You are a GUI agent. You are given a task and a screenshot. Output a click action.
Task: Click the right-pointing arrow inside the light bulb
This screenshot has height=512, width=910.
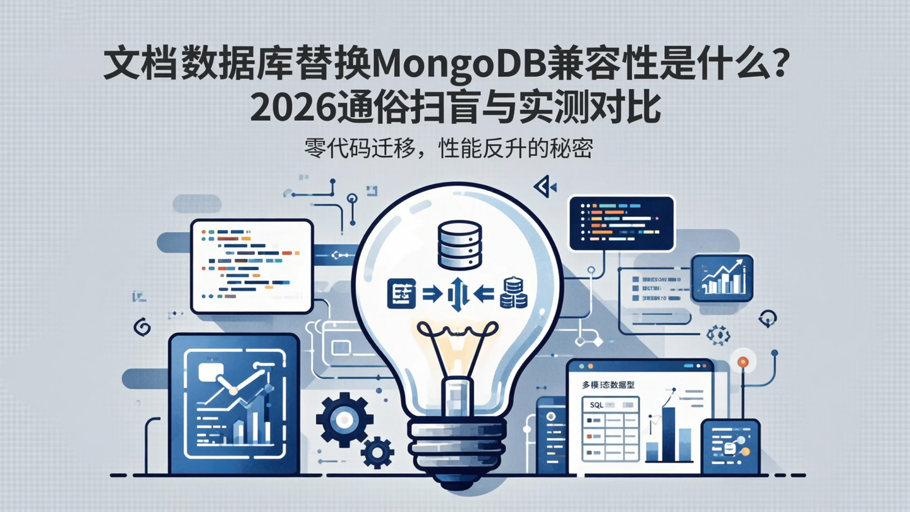point(431,293)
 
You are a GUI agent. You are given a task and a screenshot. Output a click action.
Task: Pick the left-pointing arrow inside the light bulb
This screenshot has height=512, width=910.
point(483,293)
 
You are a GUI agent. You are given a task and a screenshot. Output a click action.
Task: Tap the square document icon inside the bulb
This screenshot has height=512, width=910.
point(401,293)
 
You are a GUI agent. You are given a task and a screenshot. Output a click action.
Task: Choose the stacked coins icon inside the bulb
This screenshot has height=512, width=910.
point(513,294)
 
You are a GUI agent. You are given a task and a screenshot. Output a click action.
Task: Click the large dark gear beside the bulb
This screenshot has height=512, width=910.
point(344,420)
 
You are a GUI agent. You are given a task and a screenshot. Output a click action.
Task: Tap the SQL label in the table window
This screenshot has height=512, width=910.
point(596,405)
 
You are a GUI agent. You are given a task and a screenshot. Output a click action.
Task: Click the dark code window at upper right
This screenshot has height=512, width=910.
point(621,222)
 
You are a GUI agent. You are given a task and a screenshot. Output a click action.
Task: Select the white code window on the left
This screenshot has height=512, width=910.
point(252,265)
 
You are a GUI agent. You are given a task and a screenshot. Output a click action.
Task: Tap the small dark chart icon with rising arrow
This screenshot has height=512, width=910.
point(722,278)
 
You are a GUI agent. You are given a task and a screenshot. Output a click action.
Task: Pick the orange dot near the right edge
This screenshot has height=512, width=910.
point(743,362)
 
